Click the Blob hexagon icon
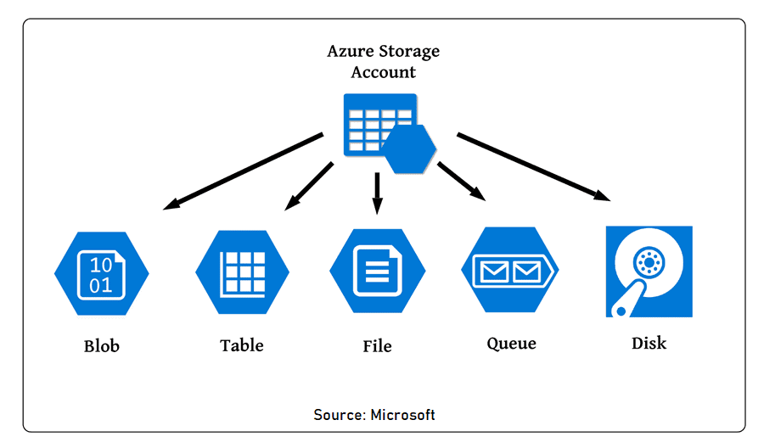pos(101,272)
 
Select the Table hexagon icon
pos(242,272)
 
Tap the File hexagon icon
pos(377,271)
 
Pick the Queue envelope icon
pos(509,271)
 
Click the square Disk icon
pos(649,272)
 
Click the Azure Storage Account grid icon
pos(379,126)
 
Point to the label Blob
pos(102,346)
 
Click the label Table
pos(242,345)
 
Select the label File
pos(377,346)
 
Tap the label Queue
pos(511,344)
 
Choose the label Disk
pos(649,344)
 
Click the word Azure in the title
pos(351,52)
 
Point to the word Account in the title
pos(384,72)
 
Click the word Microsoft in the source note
pos(403,415)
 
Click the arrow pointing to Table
pos(309,186)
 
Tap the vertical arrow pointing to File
pos(378,193)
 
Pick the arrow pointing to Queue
pos(461,181)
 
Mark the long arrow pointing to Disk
pos(533,166)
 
